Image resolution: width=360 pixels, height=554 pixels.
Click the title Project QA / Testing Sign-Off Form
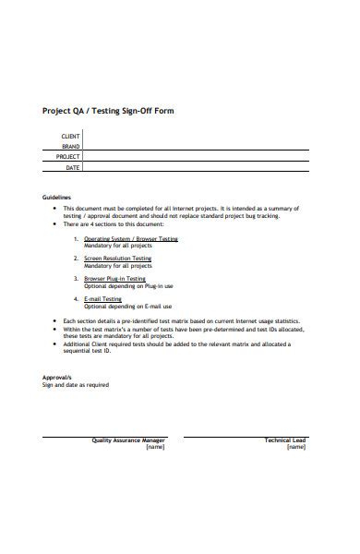tap(108, 111)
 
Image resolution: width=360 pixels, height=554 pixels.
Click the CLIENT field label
tap(70, 136)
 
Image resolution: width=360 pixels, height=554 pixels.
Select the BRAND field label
tap(71, 147)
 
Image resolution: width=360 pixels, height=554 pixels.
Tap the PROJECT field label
tap(68, 157)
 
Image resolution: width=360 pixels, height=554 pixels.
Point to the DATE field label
tap(73, 168)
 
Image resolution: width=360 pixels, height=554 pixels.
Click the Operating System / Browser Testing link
tap(131, 238)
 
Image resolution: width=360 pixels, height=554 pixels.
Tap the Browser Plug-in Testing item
tap(114, 278)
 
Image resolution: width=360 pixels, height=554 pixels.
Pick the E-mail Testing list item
tap(102, 299)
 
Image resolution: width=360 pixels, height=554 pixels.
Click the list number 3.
tap(75, 278)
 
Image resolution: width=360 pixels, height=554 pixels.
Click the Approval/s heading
tap(58, 378)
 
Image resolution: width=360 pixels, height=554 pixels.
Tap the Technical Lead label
tap(285, 440)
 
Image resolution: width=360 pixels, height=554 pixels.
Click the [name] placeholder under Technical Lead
tap(296, 448)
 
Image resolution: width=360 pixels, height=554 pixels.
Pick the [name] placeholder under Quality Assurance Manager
tap(154, 448)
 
